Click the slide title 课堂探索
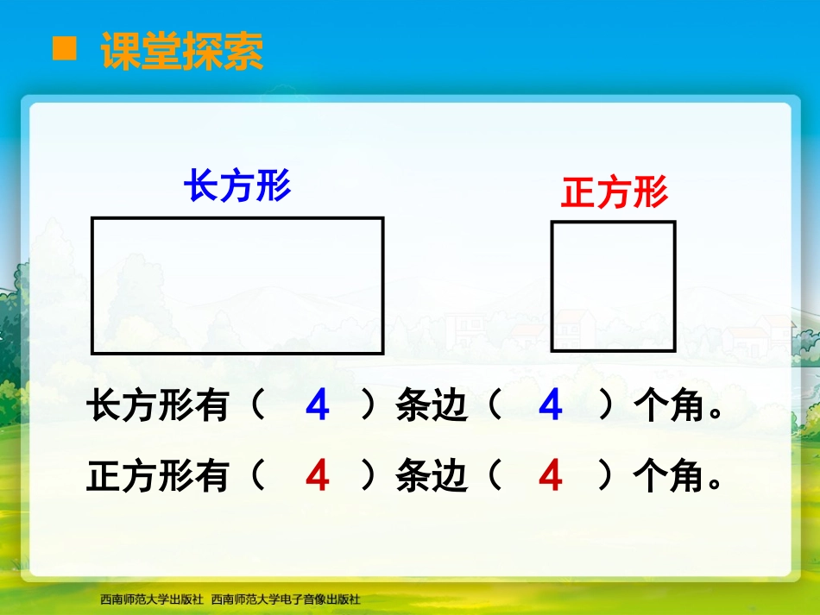(182, 52)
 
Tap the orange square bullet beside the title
(65, 50)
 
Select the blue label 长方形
(237, 185)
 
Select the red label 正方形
(615, 192)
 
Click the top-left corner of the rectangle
(93, 219)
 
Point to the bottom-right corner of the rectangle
(382, 352)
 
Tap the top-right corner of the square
(674, 223)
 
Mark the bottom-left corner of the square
(553, 349)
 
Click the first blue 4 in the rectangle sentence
(318, 406)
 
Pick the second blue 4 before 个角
(551, 406)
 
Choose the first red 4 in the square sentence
(318, 476)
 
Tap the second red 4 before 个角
(551, 476)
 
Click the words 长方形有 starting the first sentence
(158, 406)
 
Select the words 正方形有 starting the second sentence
(158, 476)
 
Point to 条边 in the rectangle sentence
(432, 406)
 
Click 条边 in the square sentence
(432, 476)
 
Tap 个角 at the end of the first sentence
(668, 406)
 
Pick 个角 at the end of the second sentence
(668, 476)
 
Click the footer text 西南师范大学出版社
(151, 599)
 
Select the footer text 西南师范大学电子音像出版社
(286, 599)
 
